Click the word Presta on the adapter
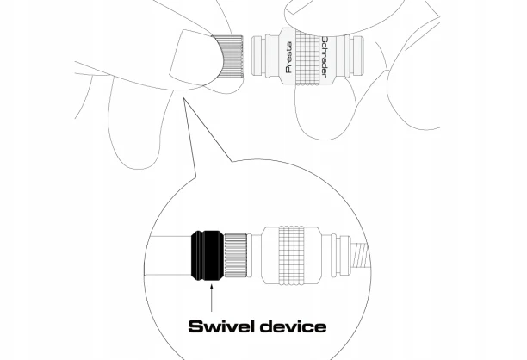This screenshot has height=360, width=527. (x=288, y=57)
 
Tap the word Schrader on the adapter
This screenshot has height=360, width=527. (x=325, y=58)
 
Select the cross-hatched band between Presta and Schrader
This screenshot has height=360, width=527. (x=307, y=58)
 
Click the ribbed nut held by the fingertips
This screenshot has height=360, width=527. (x=230, y=57)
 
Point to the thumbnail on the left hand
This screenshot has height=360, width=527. (x=192, y=56)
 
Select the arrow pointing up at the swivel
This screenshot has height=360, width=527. (x=212, y=298)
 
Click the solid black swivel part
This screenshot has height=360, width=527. (x=208, y=256)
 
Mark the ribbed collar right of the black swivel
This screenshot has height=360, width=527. (x=236, y=256)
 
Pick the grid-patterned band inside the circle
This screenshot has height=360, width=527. (x=292, y=256)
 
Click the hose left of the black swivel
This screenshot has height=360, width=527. (x=168, y=256)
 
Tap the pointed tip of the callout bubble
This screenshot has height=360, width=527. (x=183, y=98)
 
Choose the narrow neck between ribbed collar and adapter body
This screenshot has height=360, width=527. (x=254, y=256)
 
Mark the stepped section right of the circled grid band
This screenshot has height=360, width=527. (x=336, y=256)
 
